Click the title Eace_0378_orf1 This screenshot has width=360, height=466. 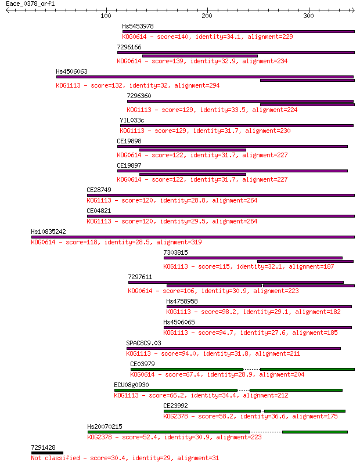click(x=30, y=4)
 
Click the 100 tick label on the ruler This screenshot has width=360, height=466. click(x=106, y=16)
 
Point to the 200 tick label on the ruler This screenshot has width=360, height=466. click(x=207, y=16)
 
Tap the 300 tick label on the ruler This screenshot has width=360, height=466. click(x=308, y=16)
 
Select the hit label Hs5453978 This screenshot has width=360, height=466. click(x=138, y=26)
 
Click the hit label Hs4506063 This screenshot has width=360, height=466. click(x=71, y=71)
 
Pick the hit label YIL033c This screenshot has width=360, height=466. click(x=132, y=120)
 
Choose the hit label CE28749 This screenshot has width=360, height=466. click(x=99, y=190)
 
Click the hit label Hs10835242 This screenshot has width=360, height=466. click(x=48, y=232)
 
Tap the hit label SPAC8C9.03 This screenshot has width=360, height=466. click(x=143, y=343)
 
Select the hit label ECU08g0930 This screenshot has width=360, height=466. click(x=131, y=385)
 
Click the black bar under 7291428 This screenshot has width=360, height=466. click(x=47, y=453)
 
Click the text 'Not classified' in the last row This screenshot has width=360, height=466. click(x=55, y=458)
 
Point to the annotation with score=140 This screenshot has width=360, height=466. click(x=207, y=37)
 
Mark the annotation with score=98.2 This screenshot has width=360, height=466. click(x=253, y=312)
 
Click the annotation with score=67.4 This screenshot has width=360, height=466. click(x=217, y=374)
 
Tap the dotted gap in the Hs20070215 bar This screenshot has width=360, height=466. click(x=266, y=432)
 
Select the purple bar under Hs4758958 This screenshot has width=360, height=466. click(x=259, y=306)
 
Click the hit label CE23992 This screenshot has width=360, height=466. click(x=176, y=406)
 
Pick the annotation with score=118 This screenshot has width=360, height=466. click(x=116, y=242)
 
